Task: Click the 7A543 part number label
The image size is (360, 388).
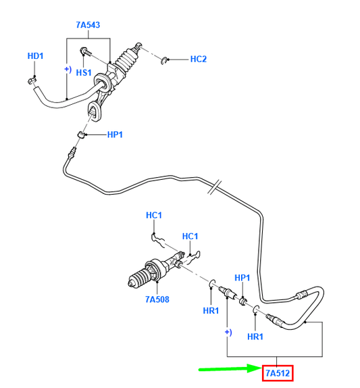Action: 88,25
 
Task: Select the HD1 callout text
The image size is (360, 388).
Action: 34,55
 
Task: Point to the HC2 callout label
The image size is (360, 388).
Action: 198,59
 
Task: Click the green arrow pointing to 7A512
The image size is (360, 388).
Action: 229,370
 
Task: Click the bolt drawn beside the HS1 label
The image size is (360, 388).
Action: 86,52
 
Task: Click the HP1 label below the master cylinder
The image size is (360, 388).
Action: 115,135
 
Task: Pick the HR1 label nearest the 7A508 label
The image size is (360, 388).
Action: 211,310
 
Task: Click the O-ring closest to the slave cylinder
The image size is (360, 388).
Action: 211,283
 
